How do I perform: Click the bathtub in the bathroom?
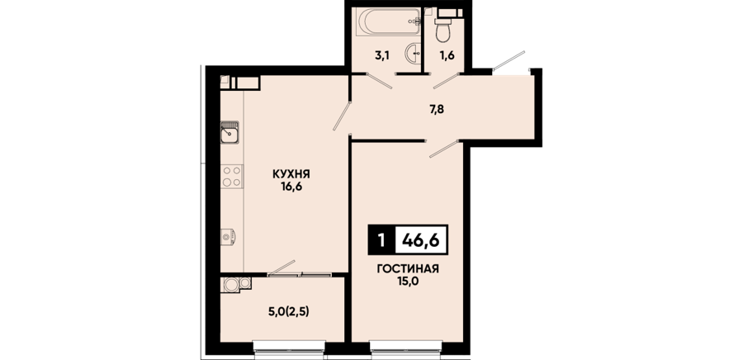[x=389, y=21]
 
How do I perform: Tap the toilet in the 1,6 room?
[x=444, y=27]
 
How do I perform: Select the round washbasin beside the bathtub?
[x=413, y=53]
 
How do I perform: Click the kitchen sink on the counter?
[x=230, y=133]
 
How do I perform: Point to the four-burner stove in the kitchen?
[x=232, y=176]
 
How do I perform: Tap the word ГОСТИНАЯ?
[x=408, y=269]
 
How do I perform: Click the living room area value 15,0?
[x=408, y=282]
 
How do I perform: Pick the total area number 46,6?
[x=420, y=240]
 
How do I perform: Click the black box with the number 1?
[x=381, y=240]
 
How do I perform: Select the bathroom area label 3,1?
[x=383, y=55]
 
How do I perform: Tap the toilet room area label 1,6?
[x=447, y=55]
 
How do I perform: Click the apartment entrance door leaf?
[x=509, y=60]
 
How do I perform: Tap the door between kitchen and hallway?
[x=341, y=115]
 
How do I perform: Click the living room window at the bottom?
[x=407, y=346]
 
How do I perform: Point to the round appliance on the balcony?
[x=232, y=285]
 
